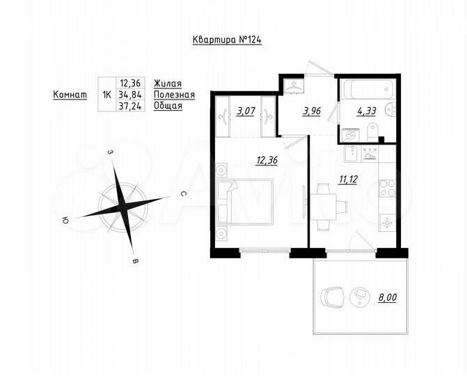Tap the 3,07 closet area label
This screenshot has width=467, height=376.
244,111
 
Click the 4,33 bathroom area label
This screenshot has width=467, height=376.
365,110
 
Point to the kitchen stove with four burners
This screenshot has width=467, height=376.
386,187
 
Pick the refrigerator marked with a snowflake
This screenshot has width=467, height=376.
386,224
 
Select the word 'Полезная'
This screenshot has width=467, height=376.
174,94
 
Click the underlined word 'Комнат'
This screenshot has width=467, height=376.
70,94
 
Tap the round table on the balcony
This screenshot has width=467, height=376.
361,297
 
